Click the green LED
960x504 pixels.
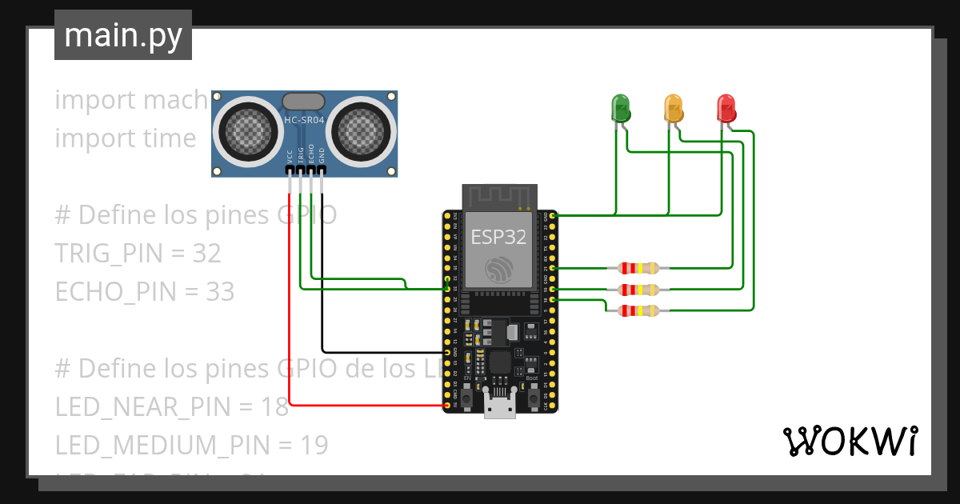(621, 107)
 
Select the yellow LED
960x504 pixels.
(674, 107)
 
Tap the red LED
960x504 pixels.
(726, 107)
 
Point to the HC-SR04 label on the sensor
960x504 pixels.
(304, 121)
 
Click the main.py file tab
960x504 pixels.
(123, 35)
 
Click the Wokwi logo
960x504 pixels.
(850, 441)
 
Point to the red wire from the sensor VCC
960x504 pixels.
(290, 320)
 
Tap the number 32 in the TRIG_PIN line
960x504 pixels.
(206, 254)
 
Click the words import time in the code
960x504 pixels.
(125, 138)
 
